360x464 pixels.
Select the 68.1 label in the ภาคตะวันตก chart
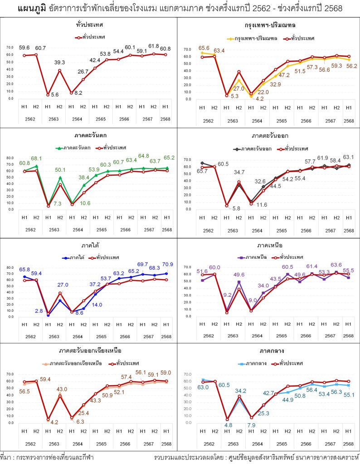pyautogui.click(x=37, y=158)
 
